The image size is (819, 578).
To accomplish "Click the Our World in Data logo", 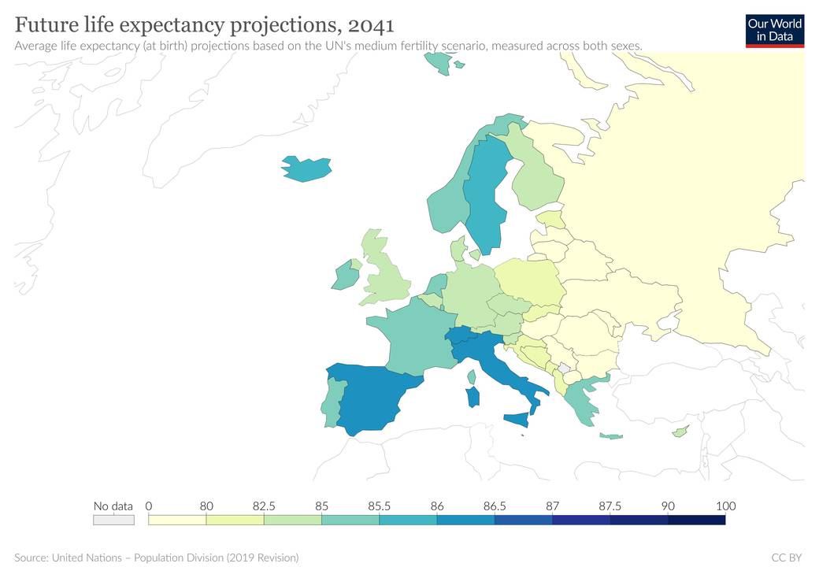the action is [775, 31].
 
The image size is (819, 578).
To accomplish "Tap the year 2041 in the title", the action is [370, 25].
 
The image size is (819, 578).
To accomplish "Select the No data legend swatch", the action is [114, 520].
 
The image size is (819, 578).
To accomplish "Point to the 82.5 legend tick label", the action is [264, 506].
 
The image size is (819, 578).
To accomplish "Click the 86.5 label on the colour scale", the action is [495, 506].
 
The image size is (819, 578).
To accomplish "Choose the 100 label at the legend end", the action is [725, 506].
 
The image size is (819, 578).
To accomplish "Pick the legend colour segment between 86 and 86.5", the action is [466, 520].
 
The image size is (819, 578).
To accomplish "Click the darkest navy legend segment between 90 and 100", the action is [697, 520].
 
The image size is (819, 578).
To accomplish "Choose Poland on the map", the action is [528, 282].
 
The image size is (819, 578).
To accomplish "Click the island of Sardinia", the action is [472, 397].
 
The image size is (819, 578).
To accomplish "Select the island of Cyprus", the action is [680, 432].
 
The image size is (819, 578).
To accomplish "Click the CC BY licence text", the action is [787, 558].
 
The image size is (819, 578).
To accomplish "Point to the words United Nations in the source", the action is [87, 558].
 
